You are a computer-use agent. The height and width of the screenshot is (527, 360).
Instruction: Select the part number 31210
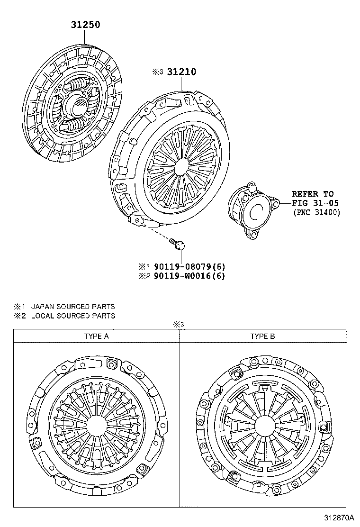(181, 72)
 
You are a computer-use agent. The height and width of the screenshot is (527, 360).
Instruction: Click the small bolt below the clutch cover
(177, 244)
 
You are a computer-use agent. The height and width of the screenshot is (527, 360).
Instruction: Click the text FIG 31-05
(312, 203)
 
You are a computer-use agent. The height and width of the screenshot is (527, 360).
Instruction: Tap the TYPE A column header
(96, 336)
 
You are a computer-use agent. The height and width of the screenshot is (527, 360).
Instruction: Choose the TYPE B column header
(262, 336)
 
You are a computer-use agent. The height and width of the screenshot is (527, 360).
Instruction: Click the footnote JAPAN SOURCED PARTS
(73, 307)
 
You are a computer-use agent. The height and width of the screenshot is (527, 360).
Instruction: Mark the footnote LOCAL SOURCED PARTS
(73, 316)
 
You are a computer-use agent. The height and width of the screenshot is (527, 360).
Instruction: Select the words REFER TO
(312, 194)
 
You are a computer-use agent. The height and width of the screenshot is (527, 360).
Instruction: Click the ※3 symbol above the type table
(178, 325)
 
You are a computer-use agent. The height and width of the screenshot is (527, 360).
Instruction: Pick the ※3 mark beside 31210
(157, 73)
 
